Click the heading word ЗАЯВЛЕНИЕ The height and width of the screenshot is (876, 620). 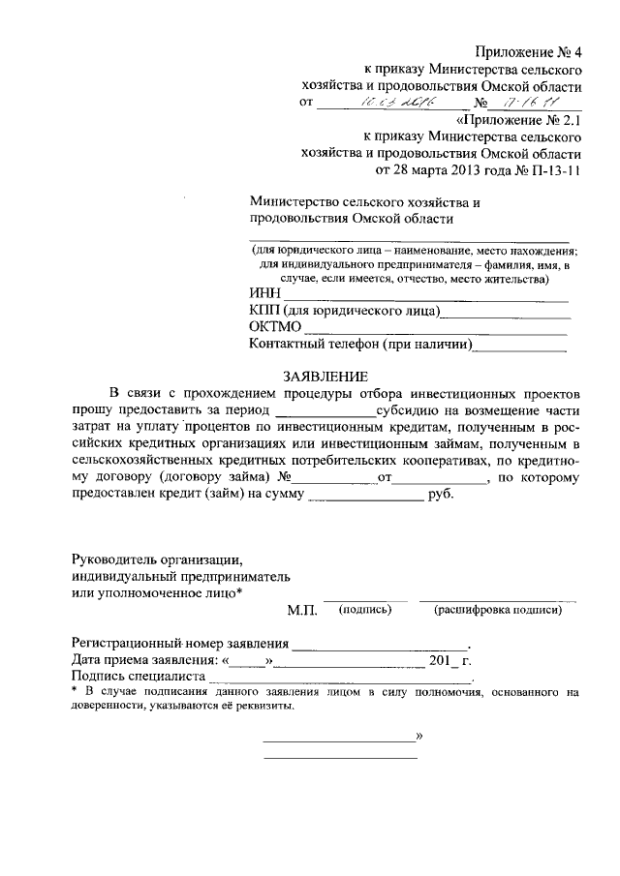pyautogui.click(x=325, y=376)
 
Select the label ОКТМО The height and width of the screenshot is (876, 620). pyautogui.click(x=276, y=327)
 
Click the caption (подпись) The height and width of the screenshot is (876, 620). pyautogui.click(x=364, y=610)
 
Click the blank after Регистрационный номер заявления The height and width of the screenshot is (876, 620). pyautogui.click(x=380, y=646)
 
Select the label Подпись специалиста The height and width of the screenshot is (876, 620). pyautogui.click(x=139, y=678)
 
